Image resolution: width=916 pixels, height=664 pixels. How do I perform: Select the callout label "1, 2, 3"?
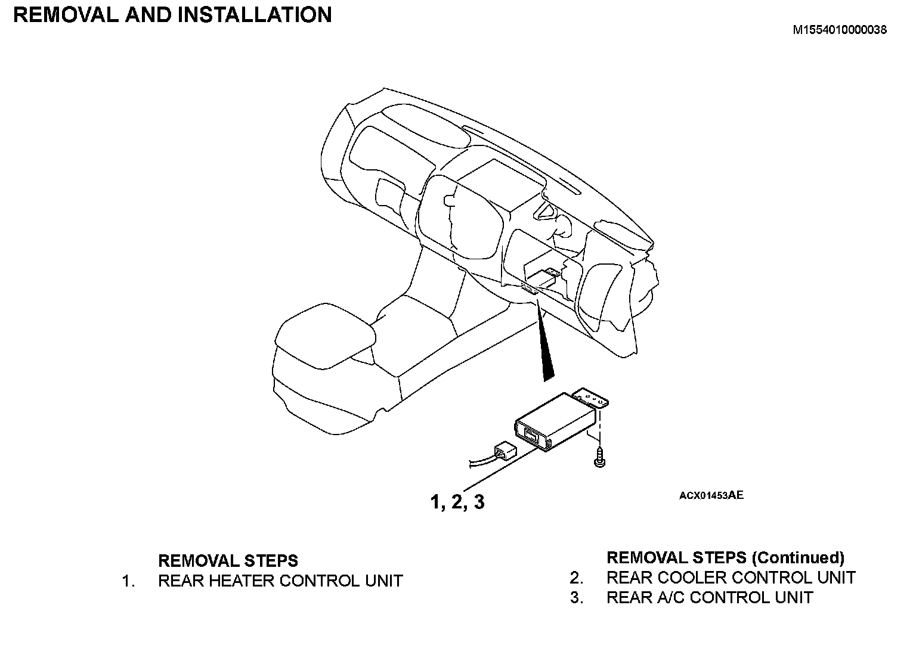pyautogui.click(x=457, y=502)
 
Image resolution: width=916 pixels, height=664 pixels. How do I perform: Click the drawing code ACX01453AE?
pyautogui.click(x=711, y=495)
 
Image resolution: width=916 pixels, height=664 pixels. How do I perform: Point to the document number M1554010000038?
pyautogui.click(x=839, y=30)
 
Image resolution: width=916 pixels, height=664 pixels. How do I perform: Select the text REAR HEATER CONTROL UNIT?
pyautogui.click(x=280, y=581)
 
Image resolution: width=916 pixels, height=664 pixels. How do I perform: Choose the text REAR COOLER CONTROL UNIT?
pyautogui.click(x=731, y=578)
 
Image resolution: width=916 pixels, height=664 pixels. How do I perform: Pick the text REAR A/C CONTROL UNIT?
pyautogui.click(x=710, y=597)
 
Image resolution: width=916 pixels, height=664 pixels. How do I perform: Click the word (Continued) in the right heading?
pyautogui.click(x=798, y=558)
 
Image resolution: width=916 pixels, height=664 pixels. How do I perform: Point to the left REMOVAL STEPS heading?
pyautogui.click(x=228, y=561)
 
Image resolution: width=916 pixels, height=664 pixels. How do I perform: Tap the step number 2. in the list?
pyautogui.click(x=576, y=578)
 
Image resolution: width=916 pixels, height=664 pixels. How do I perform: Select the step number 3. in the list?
pyautogui.click(x=576, y=597)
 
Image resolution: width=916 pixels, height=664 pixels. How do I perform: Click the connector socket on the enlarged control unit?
pyautogui.click(x=529, y=432)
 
